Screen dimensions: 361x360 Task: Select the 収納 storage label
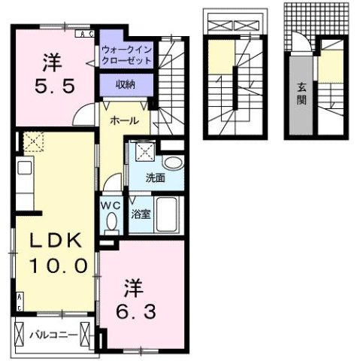pos(125,85)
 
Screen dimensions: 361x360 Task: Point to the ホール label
pos(122,120)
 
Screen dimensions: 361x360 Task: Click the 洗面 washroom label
pos(156,178)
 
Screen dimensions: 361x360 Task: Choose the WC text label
pos(110,202)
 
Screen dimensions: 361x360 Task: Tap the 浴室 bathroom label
pos(141,213)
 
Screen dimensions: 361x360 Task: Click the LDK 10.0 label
pos(53,253)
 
